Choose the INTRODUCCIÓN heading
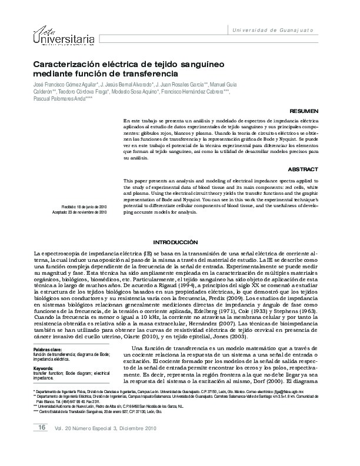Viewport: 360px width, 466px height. [175, 242]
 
